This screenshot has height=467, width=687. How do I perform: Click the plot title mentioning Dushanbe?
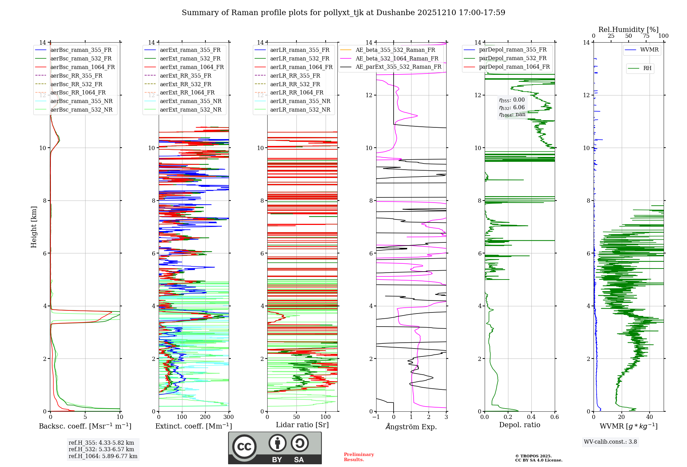(343, 13)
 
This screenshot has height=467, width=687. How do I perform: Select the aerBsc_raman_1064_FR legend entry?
(82, 67)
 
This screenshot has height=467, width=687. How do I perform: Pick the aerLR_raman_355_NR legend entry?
(300, 101)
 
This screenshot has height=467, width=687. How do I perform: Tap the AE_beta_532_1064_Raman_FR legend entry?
(397, 58)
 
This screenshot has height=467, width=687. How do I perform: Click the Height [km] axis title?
(34, 227)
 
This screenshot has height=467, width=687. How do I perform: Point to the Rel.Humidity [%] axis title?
(628, 30)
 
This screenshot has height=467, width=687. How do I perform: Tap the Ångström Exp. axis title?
(411, 426)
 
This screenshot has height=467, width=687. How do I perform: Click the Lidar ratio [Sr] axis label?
(302, 425)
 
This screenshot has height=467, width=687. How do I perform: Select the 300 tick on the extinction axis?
(228, 417)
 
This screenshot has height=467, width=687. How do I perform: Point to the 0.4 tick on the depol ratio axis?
(531, 417)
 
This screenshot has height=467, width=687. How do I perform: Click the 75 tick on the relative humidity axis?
(646, 36)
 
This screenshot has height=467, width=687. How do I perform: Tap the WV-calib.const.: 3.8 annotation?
(610, 442)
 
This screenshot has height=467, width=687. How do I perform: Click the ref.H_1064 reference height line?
(103, 456)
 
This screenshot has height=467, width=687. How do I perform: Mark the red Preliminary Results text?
(359, 457)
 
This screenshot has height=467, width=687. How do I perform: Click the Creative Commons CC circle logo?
(244, 447)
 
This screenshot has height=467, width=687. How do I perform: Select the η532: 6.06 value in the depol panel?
(512, 107)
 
